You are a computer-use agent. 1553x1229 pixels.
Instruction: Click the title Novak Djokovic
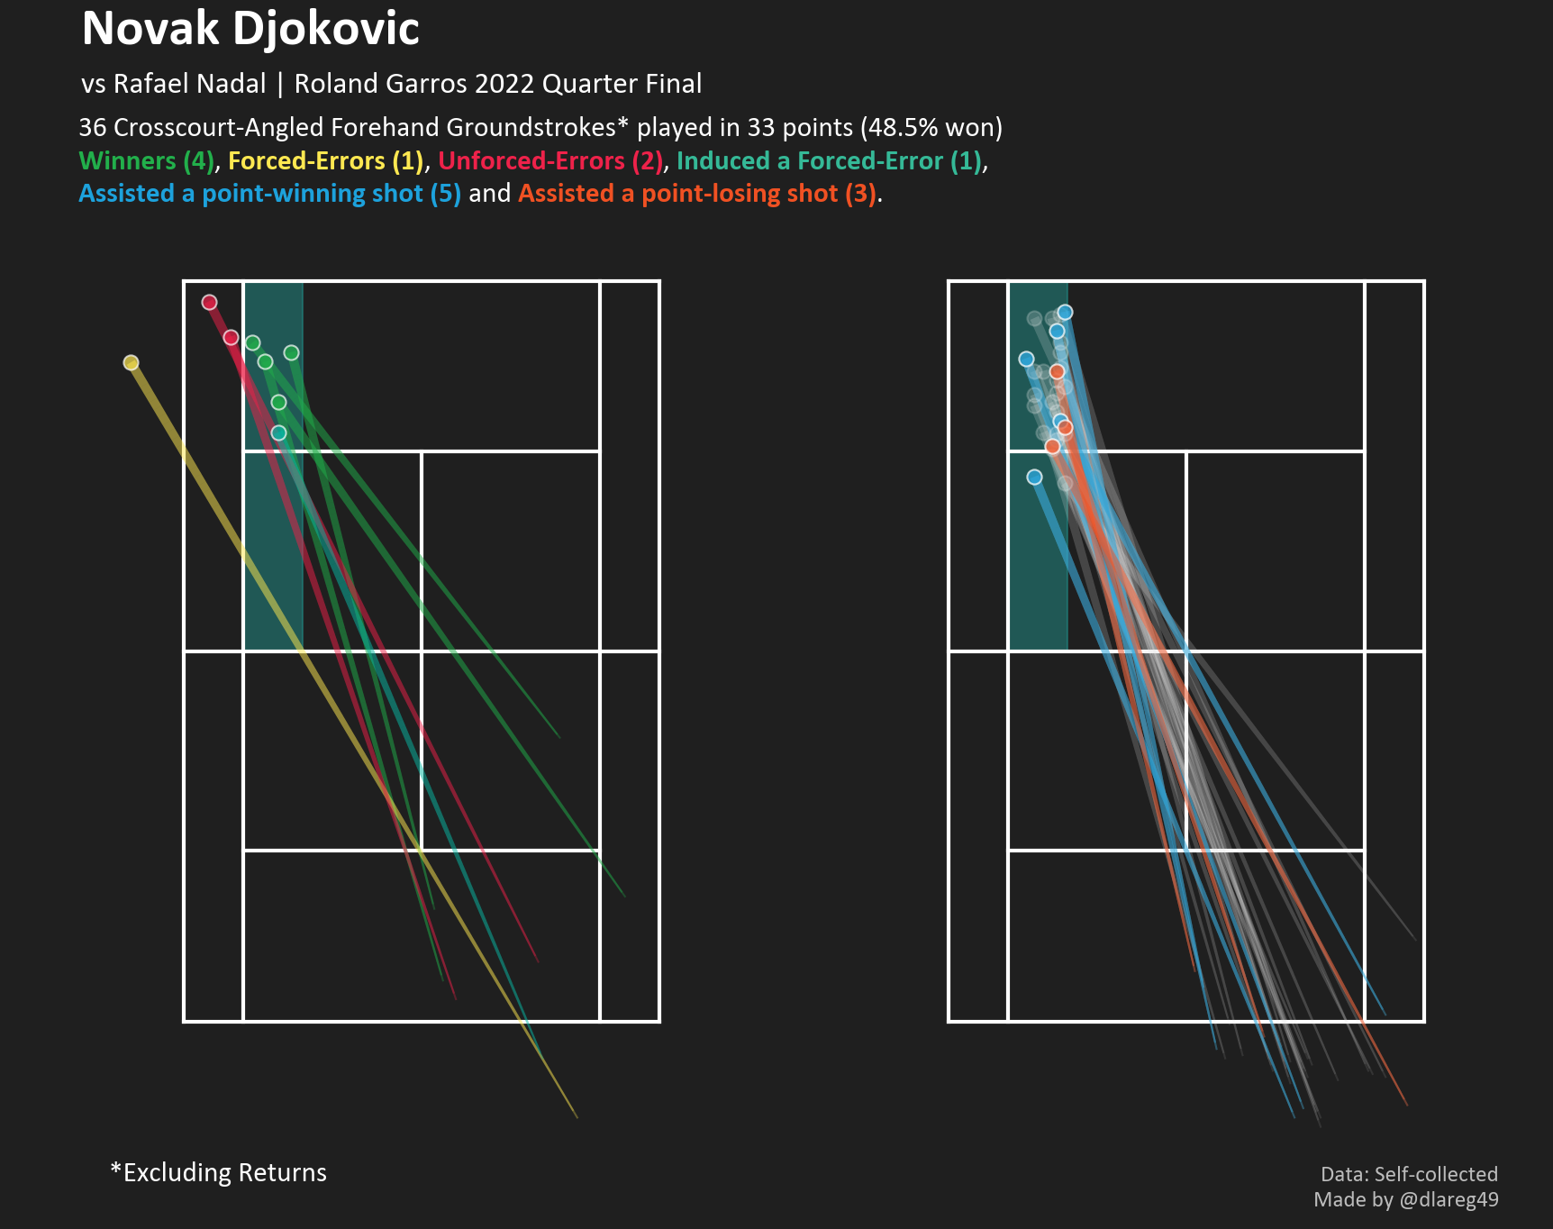[x=250, y=29]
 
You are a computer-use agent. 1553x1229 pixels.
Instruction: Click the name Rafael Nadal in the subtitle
[x=189, y=84]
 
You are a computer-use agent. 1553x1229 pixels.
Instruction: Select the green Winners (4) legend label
[x=147, y=161]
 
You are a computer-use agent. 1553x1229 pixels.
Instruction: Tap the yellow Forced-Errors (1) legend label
[x=325, y=161]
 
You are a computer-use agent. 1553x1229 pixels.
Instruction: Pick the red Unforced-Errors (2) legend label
[x=550, y=161]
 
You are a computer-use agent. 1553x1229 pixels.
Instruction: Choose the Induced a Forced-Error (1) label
[x=829, y=161]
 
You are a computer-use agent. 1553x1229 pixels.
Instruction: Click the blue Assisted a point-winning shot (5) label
[x=269, y=194]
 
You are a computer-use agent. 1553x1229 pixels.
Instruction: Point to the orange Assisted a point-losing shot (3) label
[x=697, y=194]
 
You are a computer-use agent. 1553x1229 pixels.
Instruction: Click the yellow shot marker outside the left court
[x=132, y=362]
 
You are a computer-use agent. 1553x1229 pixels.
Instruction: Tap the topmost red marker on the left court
[x=209, y=302]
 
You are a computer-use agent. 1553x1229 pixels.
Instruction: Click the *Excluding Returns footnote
[x=218, y=1172]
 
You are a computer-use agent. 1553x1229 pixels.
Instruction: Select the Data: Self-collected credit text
[x=1409, y=1174]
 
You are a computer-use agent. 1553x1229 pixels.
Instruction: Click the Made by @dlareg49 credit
[x=1405, y=1199]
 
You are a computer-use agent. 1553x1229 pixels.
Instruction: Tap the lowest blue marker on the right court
[x=1034, y=477]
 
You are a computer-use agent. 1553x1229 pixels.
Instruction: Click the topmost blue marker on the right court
[x=1065, y=312]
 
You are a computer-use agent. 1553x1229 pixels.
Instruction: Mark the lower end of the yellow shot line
[x=577, y=1118]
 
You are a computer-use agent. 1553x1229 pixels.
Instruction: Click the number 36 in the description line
[x=92, y=128]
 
